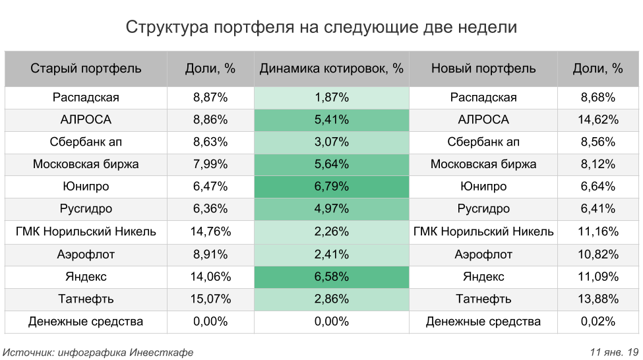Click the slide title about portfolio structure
click(x=321, y=28)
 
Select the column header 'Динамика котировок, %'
click(x=331, y=69)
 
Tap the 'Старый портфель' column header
click(x=86, y=69)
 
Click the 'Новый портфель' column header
click(x=483, y=69)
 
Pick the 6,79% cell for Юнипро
click(x=331, y=187)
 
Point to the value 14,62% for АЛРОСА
click(x=599, y=120)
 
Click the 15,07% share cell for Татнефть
click(x=210, y=299)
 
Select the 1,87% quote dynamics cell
click(x=331, y=98)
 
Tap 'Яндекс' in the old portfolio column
click(x=86, y=277)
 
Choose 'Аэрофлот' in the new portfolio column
click(x=483, y=255)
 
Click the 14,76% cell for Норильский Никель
click(x=210, y=232)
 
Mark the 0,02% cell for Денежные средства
click(x=599, y=322)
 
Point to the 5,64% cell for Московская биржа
click(x=331, y=165)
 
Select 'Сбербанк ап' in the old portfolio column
click(x=86, y=142)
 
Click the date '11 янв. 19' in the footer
click(x=614, y=352)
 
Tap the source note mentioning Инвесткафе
click(x=98, y=352)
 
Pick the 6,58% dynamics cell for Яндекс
click(x=331, y=277)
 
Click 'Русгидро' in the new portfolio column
click(x=483, y=210)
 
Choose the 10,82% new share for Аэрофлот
click(x=599, y=255)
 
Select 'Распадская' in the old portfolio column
click(x=86, y=98)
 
